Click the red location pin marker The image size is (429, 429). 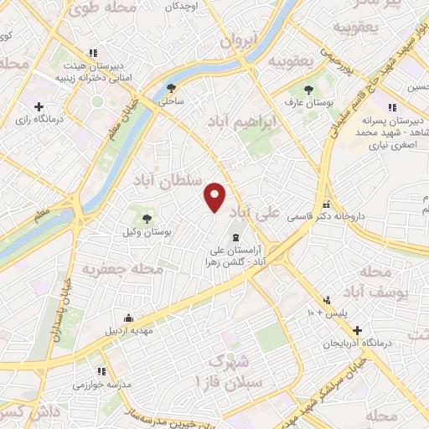point(215,197)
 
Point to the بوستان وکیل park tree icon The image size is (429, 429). point(148,219)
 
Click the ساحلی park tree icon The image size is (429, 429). point(172,88)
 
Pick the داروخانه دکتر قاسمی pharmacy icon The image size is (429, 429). point(326,204)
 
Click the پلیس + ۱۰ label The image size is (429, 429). point(329,313)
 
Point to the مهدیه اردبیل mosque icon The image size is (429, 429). point(127,318)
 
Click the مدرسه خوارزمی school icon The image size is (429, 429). point(101,370)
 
